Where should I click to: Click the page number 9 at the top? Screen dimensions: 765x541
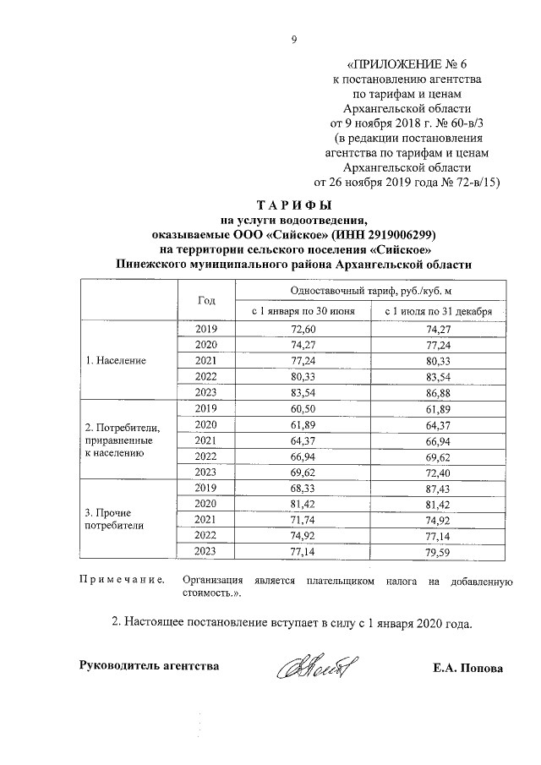[x=294, y=36]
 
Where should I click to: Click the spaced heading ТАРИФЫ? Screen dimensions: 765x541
[x=291, y=205]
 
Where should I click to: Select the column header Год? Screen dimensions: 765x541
[x=206, y=300]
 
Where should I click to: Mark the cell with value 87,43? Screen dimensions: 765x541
[x=438, y=487]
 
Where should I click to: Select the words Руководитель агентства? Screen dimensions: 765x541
[x=149, y=666]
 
